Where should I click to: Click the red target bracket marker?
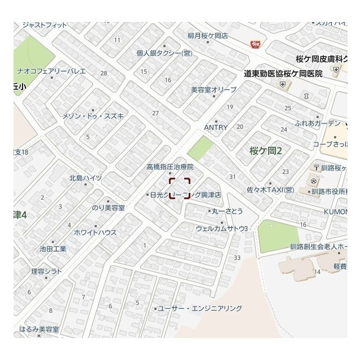180,188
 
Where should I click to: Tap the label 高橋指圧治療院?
170,167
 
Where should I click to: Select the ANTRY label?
215,127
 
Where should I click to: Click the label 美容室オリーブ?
213,90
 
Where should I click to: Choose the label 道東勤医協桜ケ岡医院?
283,74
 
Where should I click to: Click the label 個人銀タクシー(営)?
164,54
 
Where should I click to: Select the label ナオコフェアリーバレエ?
51,71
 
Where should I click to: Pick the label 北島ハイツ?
86,177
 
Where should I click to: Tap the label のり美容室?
108,208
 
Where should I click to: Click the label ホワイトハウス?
95,232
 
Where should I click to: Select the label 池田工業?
53,248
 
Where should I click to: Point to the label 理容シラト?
46,271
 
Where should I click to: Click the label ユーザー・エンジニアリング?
200,308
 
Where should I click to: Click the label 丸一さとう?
227,211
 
